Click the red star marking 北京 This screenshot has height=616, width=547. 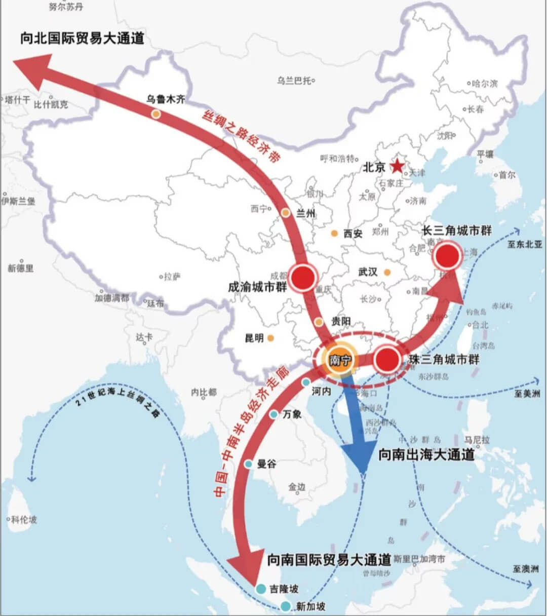point(398,166)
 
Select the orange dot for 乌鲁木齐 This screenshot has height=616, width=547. point(156,114)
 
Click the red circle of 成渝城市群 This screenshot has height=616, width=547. point(302,277)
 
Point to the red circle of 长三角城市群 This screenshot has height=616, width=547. point(448,256)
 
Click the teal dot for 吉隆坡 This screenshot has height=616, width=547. point(261,588)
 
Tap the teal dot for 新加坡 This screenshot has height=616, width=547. point(286,606)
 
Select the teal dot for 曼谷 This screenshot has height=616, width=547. point(248,464)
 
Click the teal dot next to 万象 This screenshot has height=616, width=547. point(273,414)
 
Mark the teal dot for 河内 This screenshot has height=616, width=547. point(305,382)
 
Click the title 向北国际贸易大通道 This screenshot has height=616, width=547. point(83,38)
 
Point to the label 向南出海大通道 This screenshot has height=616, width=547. point(426,454)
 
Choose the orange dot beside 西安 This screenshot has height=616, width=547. point(334,233)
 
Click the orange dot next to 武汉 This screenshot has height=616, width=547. point(387,272)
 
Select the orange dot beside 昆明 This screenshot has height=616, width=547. point(271,337)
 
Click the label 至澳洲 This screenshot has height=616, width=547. point(524,569)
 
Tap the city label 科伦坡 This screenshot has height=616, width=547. point(24,519)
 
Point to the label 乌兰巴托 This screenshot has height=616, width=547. point(294,80)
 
